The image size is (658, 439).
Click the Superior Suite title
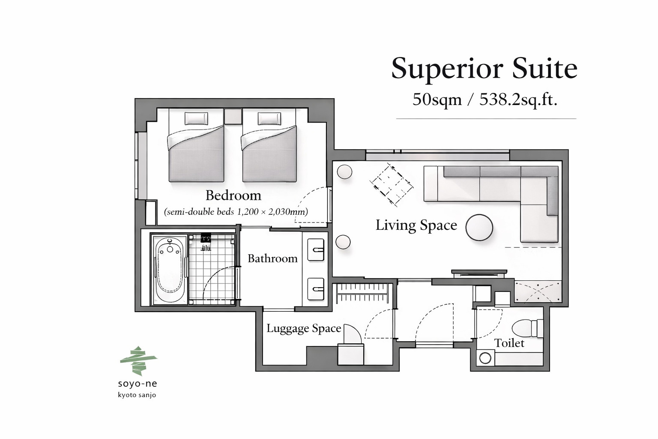(485, 69)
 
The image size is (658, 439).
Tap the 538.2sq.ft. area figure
(518, 100)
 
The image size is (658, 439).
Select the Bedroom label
(233, 195)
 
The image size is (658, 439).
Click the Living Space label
(416, 226)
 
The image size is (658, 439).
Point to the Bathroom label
(272, 259)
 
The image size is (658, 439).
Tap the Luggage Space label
(304, 328)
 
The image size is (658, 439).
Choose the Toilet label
(509, 343)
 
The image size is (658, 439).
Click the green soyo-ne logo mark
(139, 361)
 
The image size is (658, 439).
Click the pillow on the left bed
(196, 118)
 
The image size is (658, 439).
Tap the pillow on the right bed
(269, 118)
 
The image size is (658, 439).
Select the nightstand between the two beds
(233, 117)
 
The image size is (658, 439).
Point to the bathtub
(169, 269)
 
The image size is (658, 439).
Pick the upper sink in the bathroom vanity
(316, 250)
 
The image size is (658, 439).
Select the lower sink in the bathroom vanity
(316, 289)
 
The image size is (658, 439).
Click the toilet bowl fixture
(528, 328)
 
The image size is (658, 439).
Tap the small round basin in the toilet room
(485, 358)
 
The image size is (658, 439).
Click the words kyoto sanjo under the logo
(137, 395)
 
